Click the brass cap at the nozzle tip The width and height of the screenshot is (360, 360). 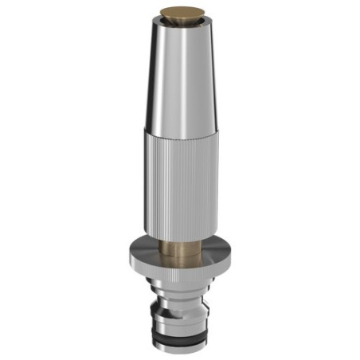tap(179, 13)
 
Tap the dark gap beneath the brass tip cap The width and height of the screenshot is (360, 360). tap(179, 19)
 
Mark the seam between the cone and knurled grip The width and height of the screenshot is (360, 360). tap(179, 132)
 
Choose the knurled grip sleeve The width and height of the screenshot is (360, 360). tap(179, 183)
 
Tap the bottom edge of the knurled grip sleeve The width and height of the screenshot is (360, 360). tap(179, 240)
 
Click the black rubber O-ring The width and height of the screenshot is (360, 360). tap(179, 338)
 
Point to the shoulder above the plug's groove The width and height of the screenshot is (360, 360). tap(179, 296)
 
